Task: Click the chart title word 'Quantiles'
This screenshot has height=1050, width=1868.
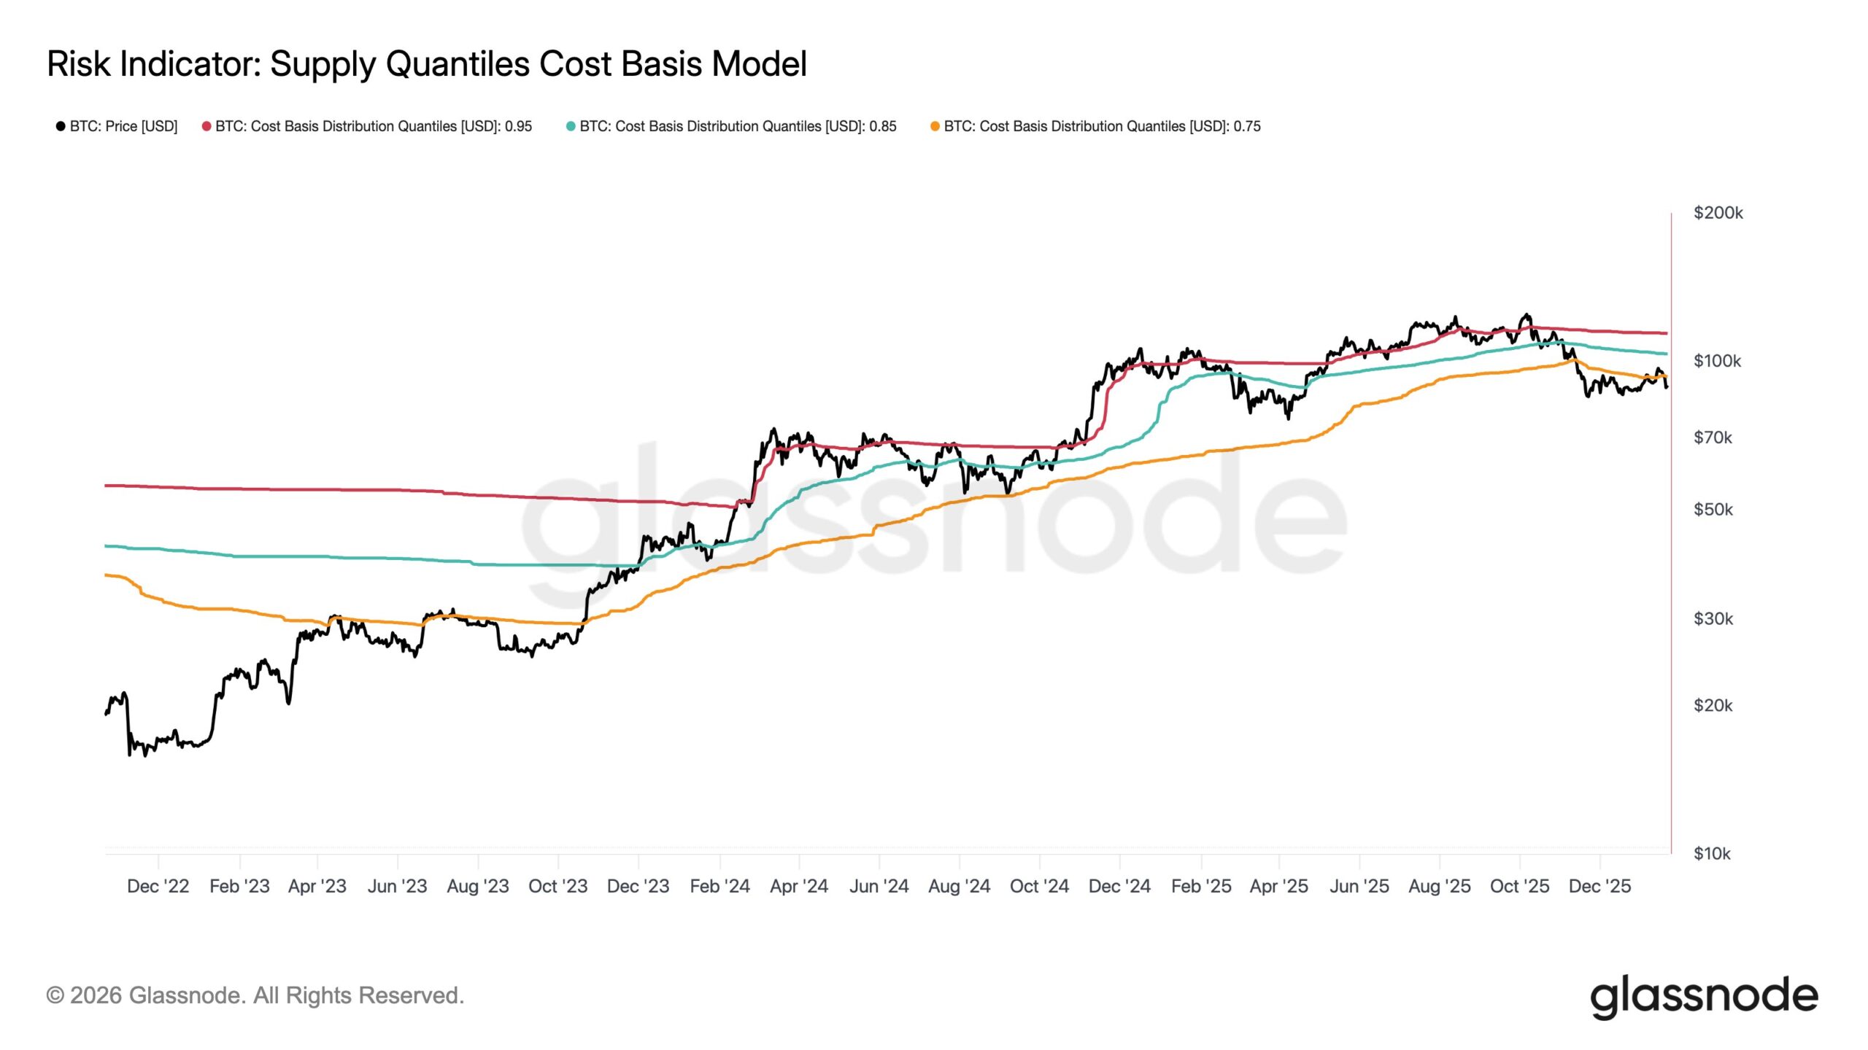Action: click(458, 64)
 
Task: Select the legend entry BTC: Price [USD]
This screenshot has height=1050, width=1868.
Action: click(117, 126)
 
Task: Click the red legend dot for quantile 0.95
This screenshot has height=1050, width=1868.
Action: click(207, 126)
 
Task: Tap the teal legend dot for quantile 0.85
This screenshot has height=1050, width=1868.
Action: click(571, 126)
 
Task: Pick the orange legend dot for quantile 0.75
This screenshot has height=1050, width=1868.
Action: click(935, 126)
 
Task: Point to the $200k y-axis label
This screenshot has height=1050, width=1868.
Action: click(1718, 213)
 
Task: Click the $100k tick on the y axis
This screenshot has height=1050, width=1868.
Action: click(1717, 361)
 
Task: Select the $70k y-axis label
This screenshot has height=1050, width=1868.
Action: click(1713, 437)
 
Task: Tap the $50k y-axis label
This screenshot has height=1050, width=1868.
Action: click(1713, 510)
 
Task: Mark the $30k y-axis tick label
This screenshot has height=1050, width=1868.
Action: click(1713, 619)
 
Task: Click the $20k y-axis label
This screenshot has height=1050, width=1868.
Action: click(1713, 706)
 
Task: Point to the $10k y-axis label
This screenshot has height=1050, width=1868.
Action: click(1711, 854)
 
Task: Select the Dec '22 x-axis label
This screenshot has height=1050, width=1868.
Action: click(158, 887)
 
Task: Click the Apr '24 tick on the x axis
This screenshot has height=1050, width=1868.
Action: click(799, 887)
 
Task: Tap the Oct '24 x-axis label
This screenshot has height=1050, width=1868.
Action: click(1039, 887)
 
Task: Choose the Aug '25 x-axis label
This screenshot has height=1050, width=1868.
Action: click(1439, 887)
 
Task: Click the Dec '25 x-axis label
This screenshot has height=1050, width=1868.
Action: click(1599, 887)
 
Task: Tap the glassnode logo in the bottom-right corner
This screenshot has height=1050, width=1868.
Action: click(1704, 997)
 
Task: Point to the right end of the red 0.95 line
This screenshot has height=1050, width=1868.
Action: click(1666, 333)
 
